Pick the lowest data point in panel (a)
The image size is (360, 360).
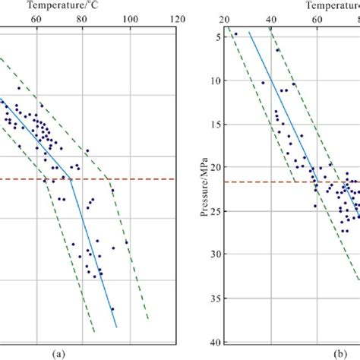tap(112, 309)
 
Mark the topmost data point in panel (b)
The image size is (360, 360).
tap(235, 34)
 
